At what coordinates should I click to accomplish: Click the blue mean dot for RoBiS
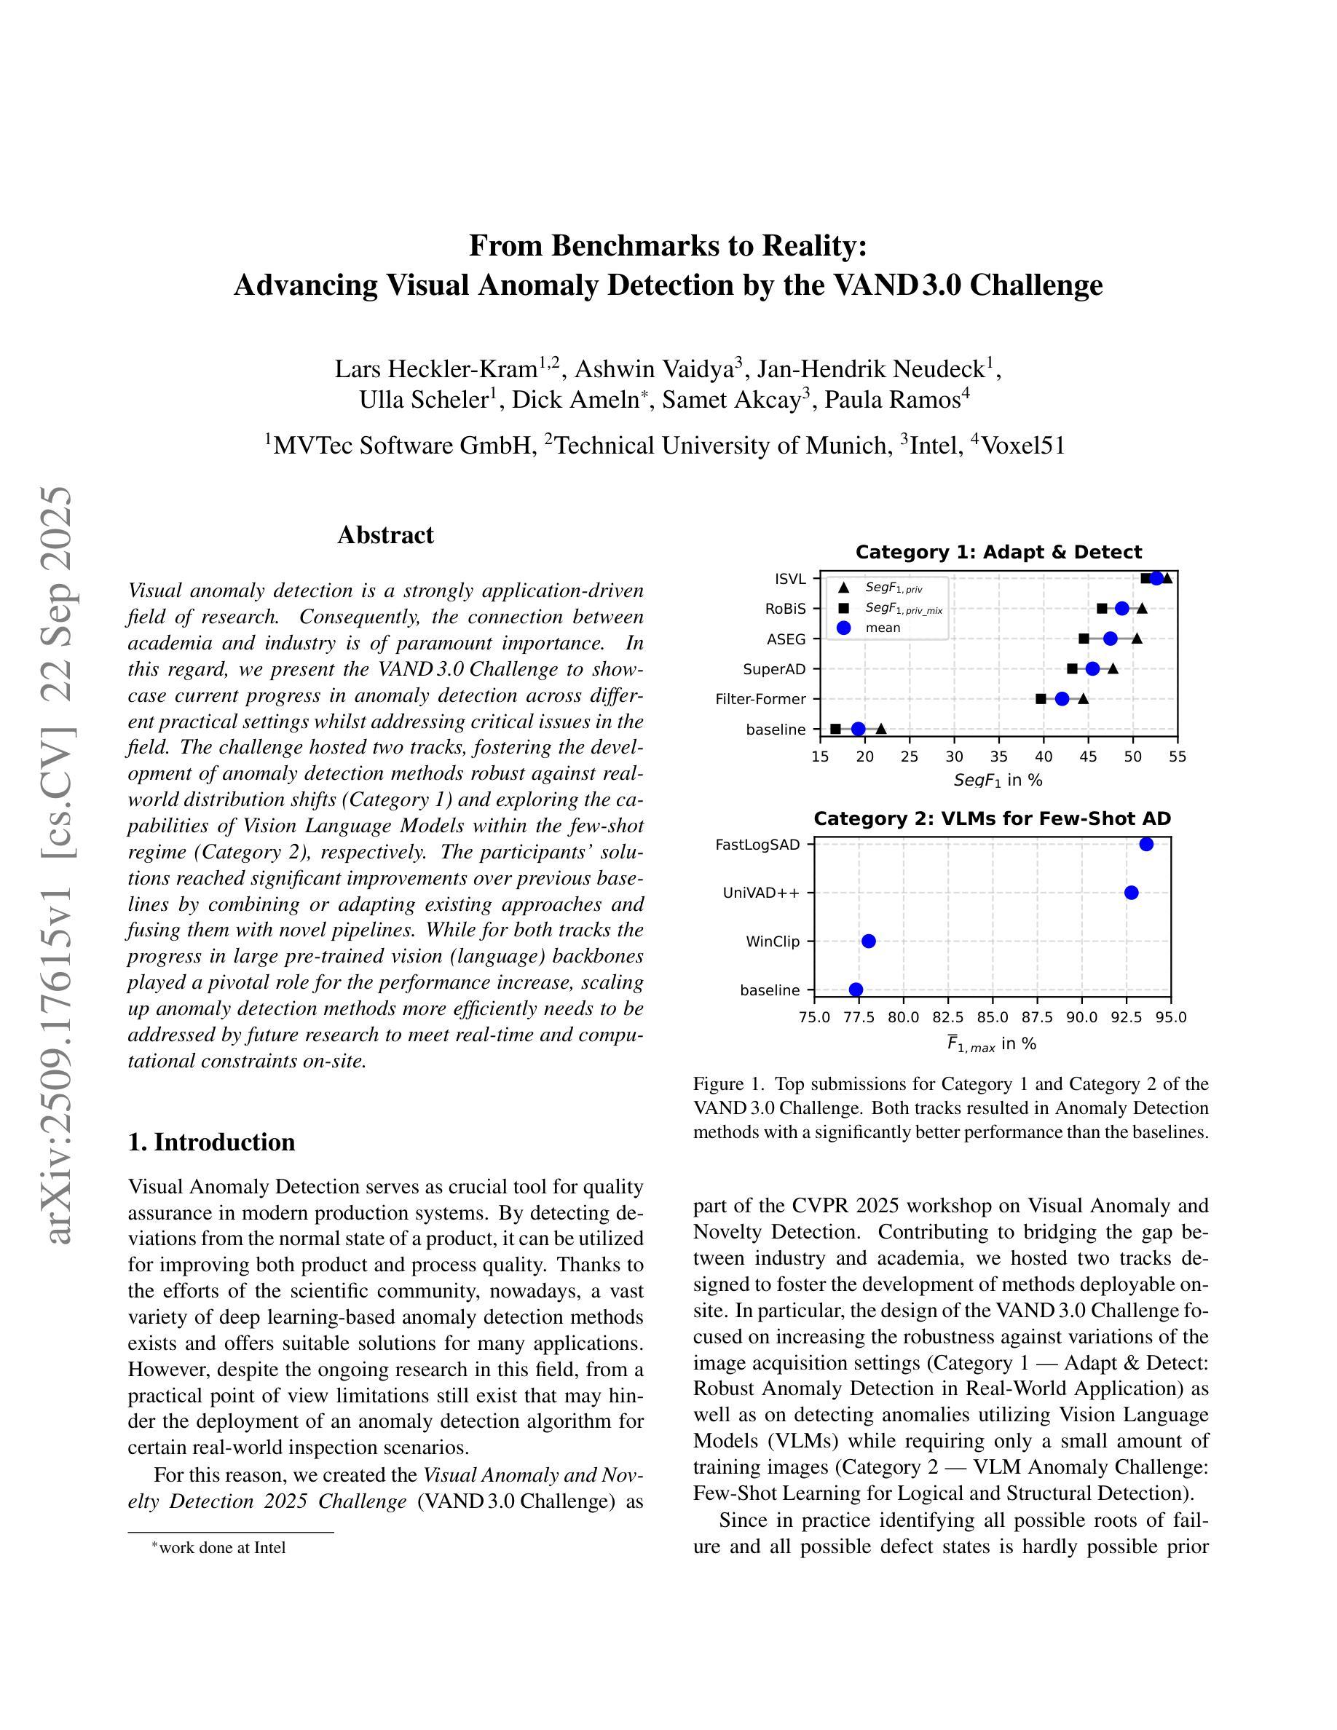(1121, 609)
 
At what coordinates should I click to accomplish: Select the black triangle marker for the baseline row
(880, 729)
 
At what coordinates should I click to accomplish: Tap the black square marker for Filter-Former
(1041, 699)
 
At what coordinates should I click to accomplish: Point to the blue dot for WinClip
(868, 941)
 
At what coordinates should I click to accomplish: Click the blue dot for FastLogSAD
(1146, 845)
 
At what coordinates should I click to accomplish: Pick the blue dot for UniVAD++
(1131, 893)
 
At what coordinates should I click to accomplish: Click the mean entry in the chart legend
(883, 628)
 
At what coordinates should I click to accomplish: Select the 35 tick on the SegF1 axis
(999, 757)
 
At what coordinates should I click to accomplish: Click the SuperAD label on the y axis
(774, 669)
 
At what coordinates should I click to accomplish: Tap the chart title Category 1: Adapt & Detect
(998, 552)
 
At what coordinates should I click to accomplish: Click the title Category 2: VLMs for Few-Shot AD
(992, 818)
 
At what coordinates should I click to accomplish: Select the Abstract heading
(386, 534)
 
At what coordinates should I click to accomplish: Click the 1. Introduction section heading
(211, 1142)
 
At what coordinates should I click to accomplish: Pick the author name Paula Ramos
(892, 400)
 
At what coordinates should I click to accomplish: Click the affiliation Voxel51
(1022, 446)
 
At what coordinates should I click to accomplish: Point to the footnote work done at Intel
(222, 1547)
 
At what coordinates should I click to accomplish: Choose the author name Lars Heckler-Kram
(435, 369)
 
